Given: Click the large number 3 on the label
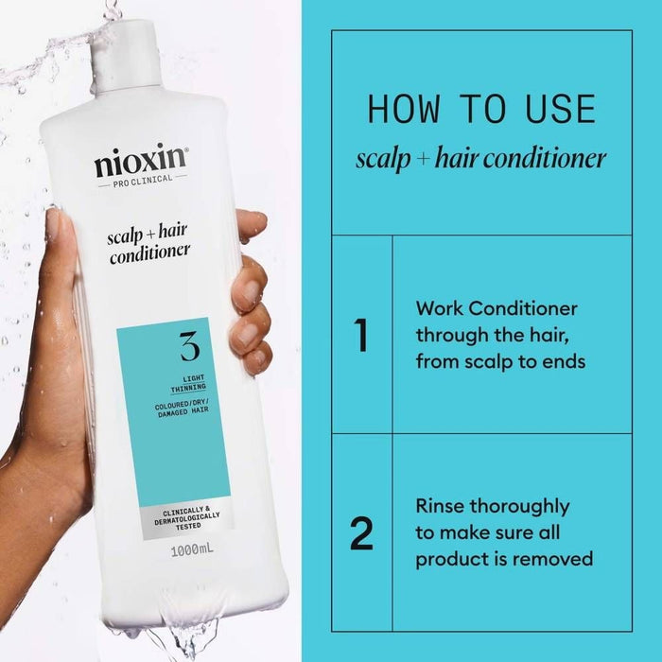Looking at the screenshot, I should pyautogui.click(x=188, y=347).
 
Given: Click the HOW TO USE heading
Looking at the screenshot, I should pyautogui.click(x=481, y=109).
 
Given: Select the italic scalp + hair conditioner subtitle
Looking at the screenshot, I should pyautogui.click(x=480, y=158).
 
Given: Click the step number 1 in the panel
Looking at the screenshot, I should pyautogui.click(x=360, y=337).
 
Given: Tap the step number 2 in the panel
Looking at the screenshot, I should pyautogui.click(x=361, y=533).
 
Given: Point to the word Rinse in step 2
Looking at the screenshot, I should pyautogui.click(x=442, y=506).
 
